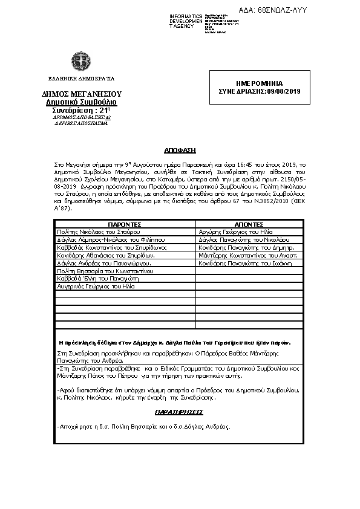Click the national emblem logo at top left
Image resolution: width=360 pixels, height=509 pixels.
80,62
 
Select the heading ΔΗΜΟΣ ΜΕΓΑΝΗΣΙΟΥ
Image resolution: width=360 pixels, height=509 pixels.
82,94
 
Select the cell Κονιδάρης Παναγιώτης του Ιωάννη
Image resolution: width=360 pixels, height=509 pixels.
242,264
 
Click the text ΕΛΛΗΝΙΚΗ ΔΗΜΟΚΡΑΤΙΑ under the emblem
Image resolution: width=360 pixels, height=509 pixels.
81,79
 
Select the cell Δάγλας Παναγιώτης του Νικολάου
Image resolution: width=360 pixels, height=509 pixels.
240,239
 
